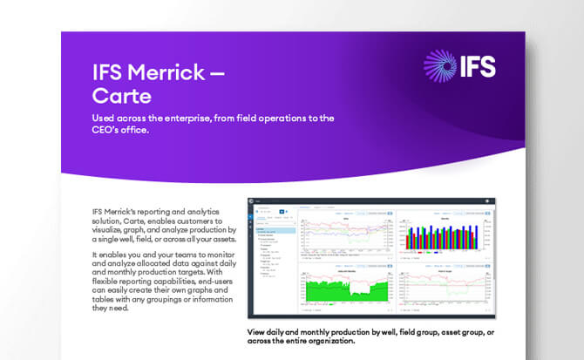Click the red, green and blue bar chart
[436, 233]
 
